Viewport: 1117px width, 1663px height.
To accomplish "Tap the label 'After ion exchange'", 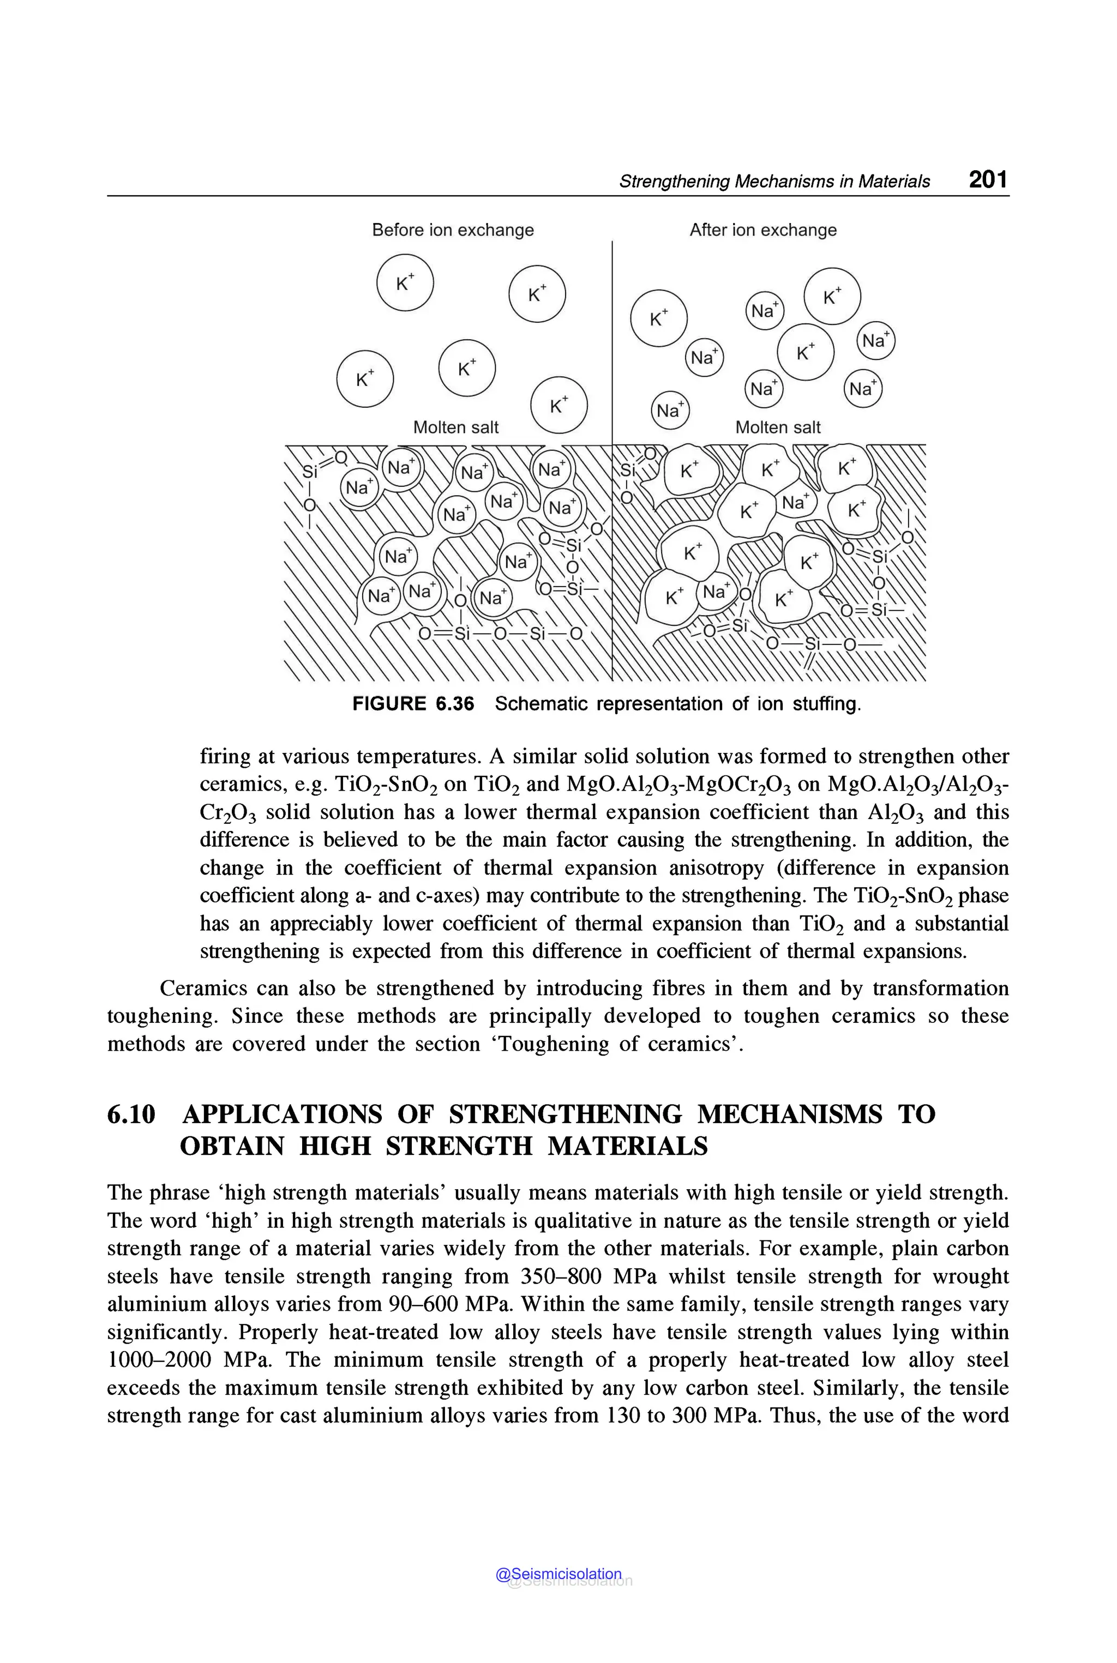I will coord(762,230).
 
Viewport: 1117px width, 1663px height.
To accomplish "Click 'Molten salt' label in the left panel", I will coord(456,427).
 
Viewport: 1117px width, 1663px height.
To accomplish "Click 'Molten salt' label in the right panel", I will coord(777,427).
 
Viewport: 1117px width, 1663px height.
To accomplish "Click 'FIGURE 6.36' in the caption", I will coord(413,704).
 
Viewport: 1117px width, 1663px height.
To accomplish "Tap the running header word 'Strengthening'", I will coord(674,182).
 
